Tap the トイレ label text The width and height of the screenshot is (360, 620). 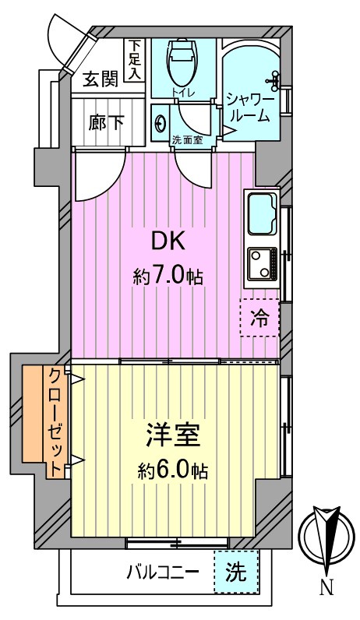pos(183,92)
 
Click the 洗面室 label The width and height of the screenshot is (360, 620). pos(188,140)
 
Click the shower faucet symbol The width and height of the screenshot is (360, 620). pos(274,80)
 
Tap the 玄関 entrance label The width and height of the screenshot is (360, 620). pos(101,80)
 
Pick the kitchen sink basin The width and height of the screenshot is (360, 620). pos(262,213)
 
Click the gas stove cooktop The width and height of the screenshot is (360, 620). pos(263,263)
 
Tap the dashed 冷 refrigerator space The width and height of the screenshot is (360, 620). pos(259,317)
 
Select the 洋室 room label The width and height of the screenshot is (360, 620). pos(173,435)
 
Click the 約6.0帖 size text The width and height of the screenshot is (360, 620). pos(173,470)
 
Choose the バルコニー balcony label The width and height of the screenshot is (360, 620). pos(163,572)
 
